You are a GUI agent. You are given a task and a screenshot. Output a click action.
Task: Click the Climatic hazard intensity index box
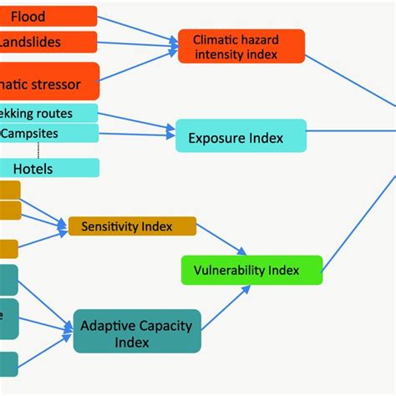tap(241, 47)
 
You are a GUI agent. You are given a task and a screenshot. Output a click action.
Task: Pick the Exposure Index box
tap(241, 136)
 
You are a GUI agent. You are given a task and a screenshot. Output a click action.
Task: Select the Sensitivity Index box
tap(132, 226)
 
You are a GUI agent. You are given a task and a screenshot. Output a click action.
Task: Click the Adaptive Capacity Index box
tap(137, 333)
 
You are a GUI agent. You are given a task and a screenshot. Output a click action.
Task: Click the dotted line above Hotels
tap(38, 150)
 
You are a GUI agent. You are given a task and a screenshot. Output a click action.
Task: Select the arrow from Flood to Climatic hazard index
tap(138, 28)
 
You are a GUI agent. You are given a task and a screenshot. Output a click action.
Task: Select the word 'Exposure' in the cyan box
tap(221, 137)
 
